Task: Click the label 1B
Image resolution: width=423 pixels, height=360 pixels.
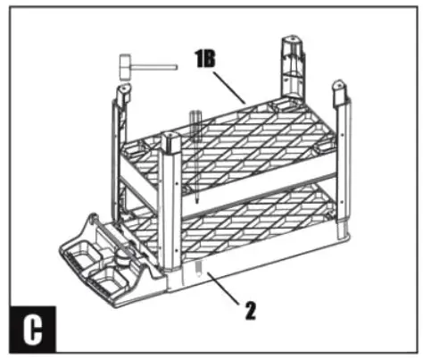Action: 205,59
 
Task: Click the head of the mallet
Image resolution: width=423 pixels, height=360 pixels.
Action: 126,66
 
